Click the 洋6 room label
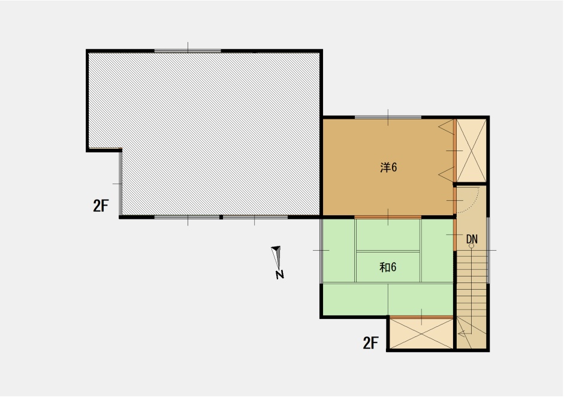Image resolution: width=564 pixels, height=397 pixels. pos(388,167)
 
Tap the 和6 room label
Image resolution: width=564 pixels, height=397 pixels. pos(388,267)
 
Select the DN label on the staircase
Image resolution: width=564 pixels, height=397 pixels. pos(472,239)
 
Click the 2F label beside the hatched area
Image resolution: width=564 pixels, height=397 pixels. pos(101,206)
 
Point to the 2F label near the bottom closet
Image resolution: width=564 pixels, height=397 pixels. pos(370,343)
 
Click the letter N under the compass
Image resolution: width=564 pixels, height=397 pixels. pos(279,275)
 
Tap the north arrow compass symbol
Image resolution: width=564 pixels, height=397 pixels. pos(276,257)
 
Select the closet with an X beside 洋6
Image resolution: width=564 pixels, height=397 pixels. pos(471,151)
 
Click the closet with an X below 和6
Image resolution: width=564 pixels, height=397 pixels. pos(421,333)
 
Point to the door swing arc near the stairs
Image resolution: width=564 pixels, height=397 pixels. pos(474,203)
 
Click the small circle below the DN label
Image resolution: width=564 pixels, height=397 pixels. pos(471,246)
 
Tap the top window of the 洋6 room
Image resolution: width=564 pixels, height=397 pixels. pos(388,118)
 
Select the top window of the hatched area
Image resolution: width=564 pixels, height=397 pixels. pos(188,51)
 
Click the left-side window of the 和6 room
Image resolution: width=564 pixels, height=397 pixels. pos(321,251)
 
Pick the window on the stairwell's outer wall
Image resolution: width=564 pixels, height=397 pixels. pos(488,250)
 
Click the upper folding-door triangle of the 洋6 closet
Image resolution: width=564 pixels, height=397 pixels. pos(447,127)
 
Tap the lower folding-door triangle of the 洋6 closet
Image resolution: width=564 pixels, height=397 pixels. pos(447,175)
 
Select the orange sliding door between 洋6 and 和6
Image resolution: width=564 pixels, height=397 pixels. pos(388,217)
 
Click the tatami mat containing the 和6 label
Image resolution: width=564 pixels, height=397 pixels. pos(388,267)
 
